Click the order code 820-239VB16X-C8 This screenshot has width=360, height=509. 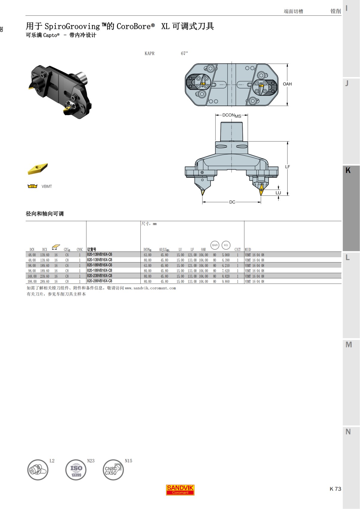click(x=100, y=276)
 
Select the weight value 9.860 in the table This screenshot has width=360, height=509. click(x=226, y=281)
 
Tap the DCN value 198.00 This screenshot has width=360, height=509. click(x=32, y=281)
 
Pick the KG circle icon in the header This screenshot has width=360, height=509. click(x=226, y=245)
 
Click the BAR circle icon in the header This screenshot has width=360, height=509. click(x=215, y=245)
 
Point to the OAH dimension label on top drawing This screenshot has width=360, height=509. click(x=287, y=84)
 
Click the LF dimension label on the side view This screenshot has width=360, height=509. click(x=287, y=167)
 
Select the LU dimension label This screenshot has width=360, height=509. click(x=278, y=193)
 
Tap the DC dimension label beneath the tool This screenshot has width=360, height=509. click(x=232, y=202)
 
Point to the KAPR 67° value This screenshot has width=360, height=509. click(x=184, y=53)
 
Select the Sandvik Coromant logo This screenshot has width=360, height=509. click(x=180, y=490)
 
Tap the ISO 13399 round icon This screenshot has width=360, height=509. click(x=76, y=470)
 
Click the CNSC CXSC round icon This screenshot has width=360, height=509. click(x=113, y=470)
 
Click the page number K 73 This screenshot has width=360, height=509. click(x=335, y=489)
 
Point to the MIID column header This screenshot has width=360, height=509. click(x=248, y=249)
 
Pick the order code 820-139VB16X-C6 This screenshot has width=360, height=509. click(x=100, y=255)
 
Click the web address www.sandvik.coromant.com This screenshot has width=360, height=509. click(x=150, y=288)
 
